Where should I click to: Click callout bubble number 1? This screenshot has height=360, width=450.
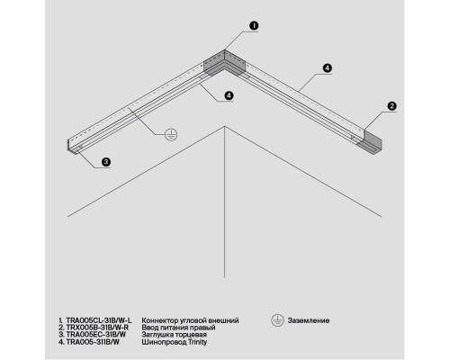click(254, 25)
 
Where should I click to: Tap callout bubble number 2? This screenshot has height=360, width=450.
click(391, 106)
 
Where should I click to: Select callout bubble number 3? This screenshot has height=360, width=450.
click(106, 162)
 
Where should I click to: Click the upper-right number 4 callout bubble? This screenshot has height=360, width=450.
click(328, 68)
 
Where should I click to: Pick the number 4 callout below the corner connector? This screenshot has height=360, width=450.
click(229, 95)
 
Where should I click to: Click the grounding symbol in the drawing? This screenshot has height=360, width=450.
click(171, 134)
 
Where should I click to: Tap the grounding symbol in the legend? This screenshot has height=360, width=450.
click(277, 320)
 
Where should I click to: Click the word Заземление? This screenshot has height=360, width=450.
click(309, 320)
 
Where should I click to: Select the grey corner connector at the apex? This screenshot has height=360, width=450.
click(224, 64)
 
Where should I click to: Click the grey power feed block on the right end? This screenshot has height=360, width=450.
click(372, 142)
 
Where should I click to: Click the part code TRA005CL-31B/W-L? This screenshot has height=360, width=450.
click(99, 320)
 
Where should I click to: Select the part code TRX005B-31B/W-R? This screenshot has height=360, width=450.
click(97, 328)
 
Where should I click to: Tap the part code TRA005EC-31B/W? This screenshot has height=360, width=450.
click(96, 335)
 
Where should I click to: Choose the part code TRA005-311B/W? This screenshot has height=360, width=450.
click(93, 342)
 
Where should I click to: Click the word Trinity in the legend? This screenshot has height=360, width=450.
click(197, 342)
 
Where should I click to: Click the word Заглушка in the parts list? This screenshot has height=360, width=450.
click(157, 335)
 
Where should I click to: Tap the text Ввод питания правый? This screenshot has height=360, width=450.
click(178, 328)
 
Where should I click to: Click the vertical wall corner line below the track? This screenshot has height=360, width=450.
click(224, 202)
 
